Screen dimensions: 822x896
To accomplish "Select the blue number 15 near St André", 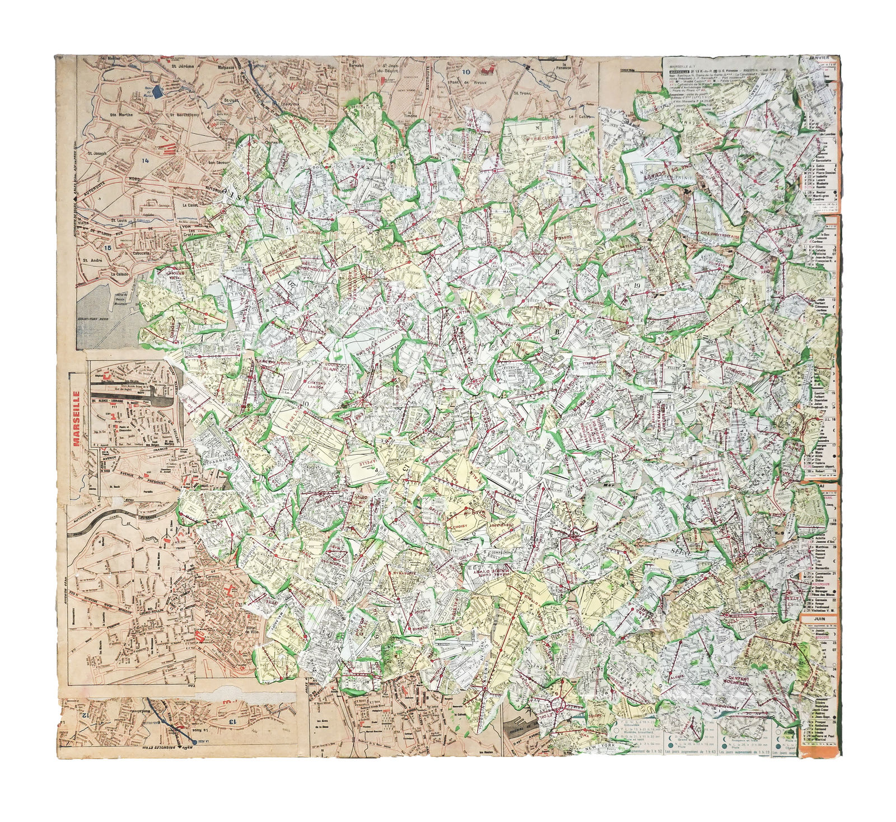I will tap(109, 246).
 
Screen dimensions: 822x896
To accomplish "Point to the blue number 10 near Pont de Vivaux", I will tap(466, 71).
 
